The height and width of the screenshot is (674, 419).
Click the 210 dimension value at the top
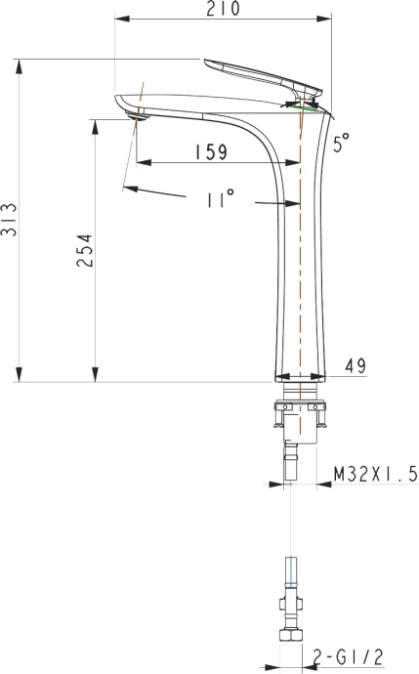click(x=224, y=10)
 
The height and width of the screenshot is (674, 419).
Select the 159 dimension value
click(x=210, y=151)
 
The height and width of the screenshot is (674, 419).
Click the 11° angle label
click(x=221, y=199)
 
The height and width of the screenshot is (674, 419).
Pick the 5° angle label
click(x=340, y=144)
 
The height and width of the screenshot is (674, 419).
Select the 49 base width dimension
click(x=355, y=366)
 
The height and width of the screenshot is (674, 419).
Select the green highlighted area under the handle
click(x=310, y=106)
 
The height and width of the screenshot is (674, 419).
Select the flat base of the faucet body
click(x=300, y=378)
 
